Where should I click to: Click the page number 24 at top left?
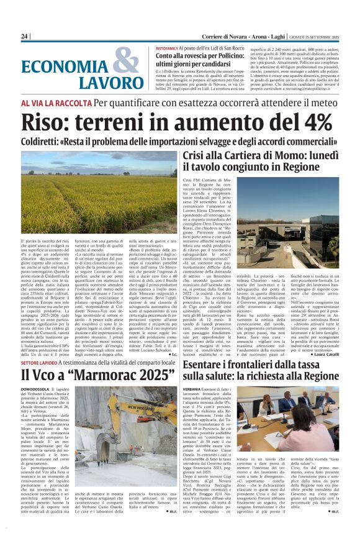click(x=24, y=37)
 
